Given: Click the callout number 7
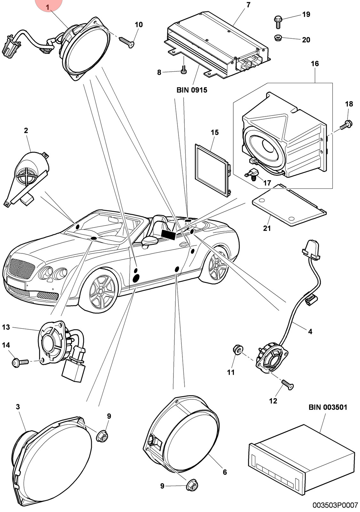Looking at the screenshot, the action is [x=248, y=5].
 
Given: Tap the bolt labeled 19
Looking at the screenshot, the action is [x=278, y=22].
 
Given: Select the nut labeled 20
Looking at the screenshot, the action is [x=277, y=37].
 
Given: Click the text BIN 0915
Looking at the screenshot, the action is [x=192, y=90].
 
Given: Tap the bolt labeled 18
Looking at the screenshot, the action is [x=346, y=124].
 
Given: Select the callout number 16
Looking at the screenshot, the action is [x=315, y=64].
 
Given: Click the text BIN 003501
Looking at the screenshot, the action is [x=328, y=407].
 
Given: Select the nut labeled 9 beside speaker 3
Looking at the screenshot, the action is [x=102, y=436].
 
